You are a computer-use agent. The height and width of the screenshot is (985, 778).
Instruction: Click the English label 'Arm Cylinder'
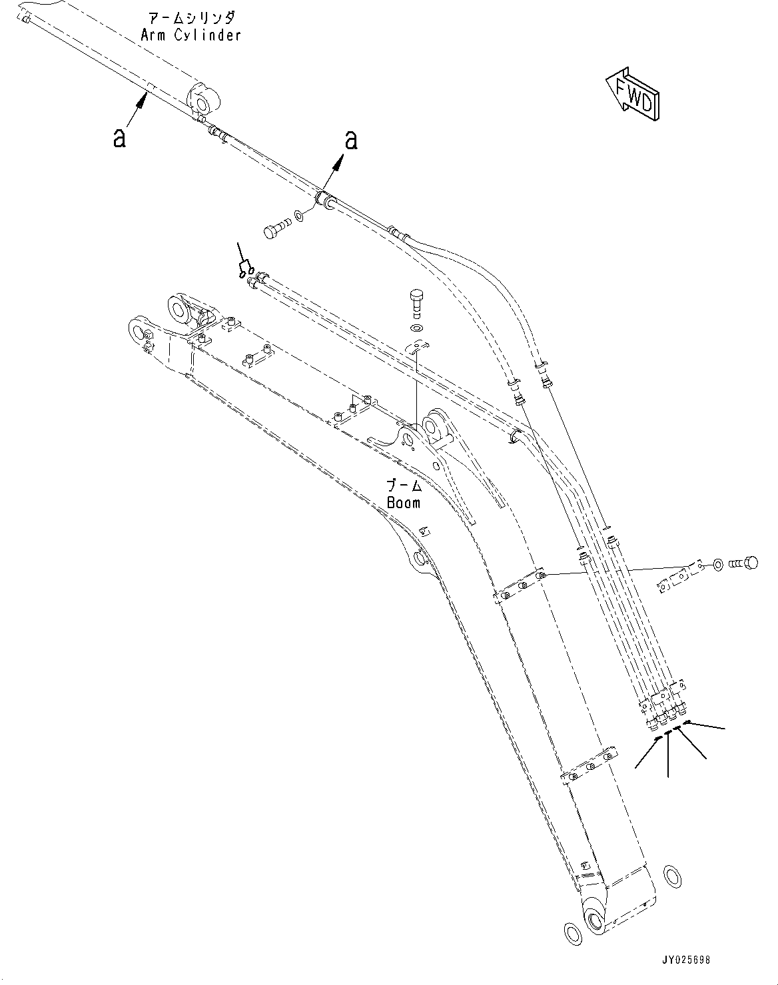pos(191,35)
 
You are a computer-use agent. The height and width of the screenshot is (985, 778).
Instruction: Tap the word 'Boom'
pos(404,502)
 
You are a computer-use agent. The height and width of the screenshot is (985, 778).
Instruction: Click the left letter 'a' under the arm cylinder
pos(119,138)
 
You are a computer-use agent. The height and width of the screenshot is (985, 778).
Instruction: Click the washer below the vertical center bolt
pos(417,328)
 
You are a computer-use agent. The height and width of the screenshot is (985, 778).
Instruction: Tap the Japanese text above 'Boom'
pos(404,484)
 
